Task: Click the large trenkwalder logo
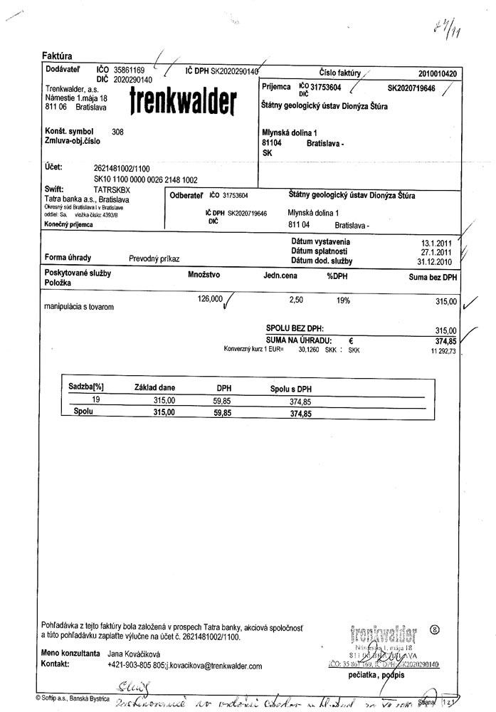pyautogui.click(x=184, y=104)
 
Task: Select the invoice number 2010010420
pyautogui.click(x=438, y=73)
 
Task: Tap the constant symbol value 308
pyautogui.click(x=118, y=132)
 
